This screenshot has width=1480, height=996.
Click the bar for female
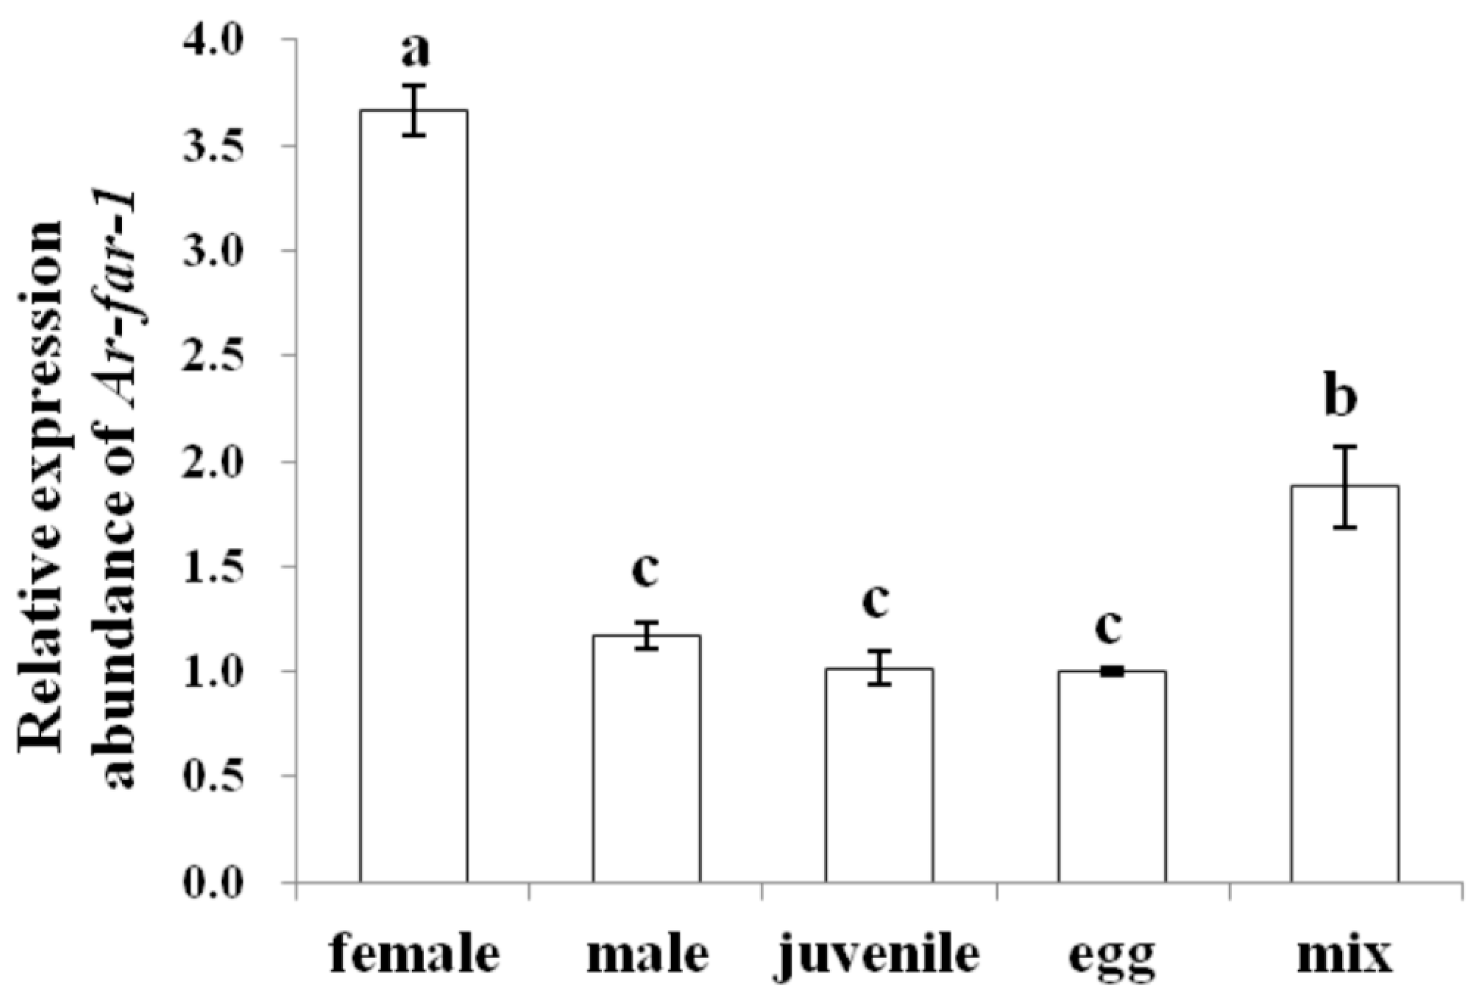pos(414,496)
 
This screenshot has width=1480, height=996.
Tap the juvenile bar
pos(879,775)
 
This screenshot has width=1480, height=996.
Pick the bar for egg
pos(1112,776)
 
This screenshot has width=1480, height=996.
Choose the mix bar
pos(1344,684)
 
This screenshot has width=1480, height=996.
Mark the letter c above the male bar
pos(646,570)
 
